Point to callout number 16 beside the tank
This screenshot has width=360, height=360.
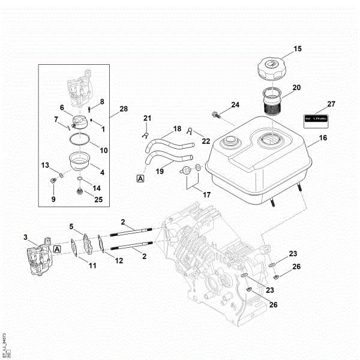[x=322, y=138]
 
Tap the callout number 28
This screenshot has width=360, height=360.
[x=124, y=109]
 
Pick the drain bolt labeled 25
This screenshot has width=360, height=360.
[x=80, y=191]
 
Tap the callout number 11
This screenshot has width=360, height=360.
[x=92, y=265]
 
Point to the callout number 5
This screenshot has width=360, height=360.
[x=71, y=227]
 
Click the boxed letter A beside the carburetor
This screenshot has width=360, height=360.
[x=57, y=248]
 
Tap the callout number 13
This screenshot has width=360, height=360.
[x=44, y=165]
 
